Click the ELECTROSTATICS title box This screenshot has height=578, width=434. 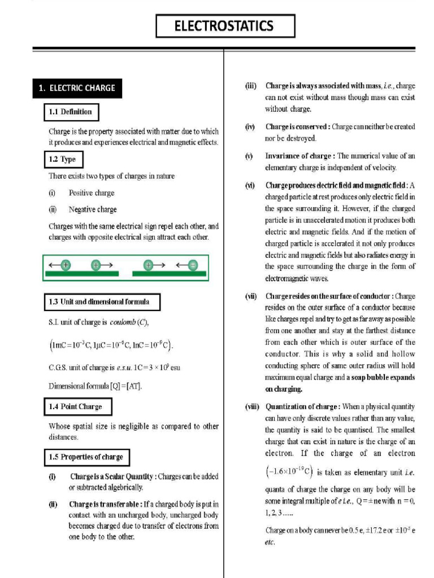[225, 26]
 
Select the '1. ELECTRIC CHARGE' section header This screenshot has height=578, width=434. [76, 88]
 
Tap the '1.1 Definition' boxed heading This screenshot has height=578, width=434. [68, 112]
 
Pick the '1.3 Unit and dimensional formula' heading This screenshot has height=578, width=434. [102, 302]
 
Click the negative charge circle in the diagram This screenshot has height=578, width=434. [193, 265]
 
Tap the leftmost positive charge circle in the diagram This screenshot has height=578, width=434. [66, 265]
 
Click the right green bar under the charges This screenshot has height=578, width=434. [169, 274]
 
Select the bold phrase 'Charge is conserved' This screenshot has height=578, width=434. [297, 127]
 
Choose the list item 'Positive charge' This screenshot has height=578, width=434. [91, 193]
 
